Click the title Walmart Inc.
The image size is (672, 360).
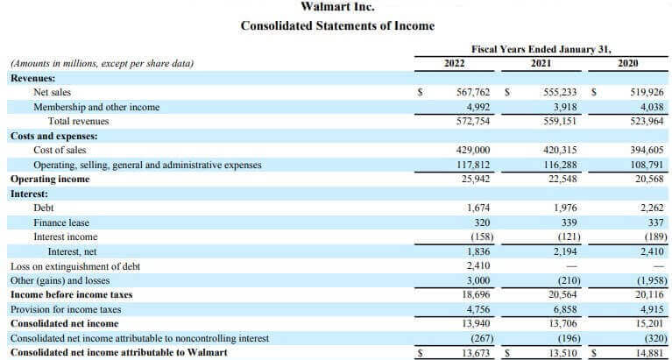click(336, 7)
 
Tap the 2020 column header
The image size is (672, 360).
click(627, 63)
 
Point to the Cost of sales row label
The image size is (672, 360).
click(60, 150)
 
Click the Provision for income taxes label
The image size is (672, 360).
click(66, 309)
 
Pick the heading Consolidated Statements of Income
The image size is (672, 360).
click(336, 26)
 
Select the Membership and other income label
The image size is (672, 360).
click(96, 107)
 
